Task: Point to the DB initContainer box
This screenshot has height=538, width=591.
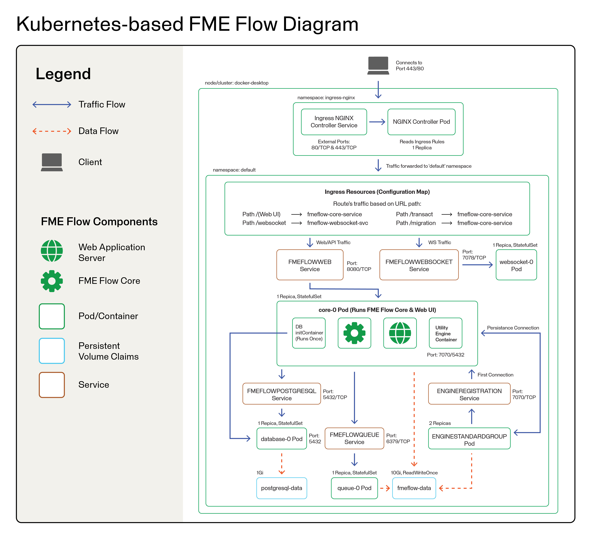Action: (x=309, y=333)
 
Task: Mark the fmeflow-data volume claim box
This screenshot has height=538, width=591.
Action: (x=414, y=488)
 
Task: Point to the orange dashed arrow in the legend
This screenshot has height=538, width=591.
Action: (x=52, y=131)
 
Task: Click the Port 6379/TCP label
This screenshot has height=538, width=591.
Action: (x=398, y=439)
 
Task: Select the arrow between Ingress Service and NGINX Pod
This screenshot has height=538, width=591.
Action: (x=377, y=122)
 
